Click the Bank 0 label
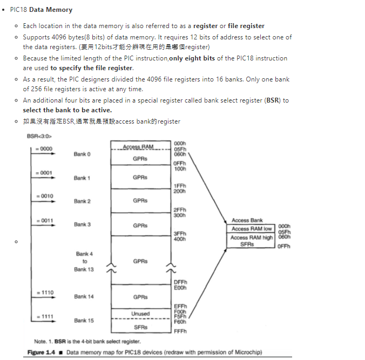pyautogui.click(x=82, y=154)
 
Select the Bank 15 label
pyautogui.click(x=84, y=321)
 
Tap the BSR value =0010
pyautogui.click(x=44, y=195)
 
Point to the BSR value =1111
pyautogui.click(x=44, y=316)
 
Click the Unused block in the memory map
pyautogui.click(x=140, y=314)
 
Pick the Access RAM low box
pyautogui.click(x=252, y=229)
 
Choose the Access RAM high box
pyautogui.click(x=252, y=237)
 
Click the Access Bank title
pyautogui.click(x=247, y=220)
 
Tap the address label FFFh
pyautogui.click(x=180, y=331)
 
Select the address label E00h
pyautogui.click(x=180, y=288)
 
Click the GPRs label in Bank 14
pyautogui.click(x=140, y=297)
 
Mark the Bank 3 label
pyautogui.click(x=82, y=225)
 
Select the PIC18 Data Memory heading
pyautogui.click(x=41, y=10)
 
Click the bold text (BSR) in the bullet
pyautogui.click(x=273, y=100)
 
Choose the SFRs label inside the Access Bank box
pyautogui.click(x=247, y=244)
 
